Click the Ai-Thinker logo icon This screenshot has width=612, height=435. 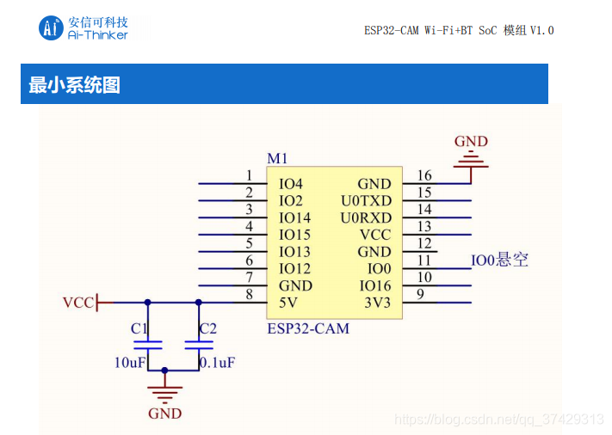51,28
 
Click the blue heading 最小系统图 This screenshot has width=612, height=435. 75,85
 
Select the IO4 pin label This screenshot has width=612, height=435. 291,184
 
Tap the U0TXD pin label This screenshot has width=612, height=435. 366,201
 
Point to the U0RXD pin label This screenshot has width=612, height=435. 366,217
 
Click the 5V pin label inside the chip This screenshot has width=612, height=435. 287,303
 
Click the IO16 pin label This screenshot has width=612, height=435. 375,285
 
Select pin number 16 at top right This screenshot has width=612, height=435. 423,176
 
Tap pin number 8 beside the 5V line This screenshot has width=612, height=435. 249,294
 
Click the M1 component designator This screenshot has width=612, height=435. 277,159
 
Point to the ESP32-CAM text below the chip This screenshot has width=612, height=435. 308,328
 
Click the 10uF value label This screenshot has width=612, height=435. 130,363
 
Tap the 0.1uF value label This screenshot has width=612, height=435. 218,363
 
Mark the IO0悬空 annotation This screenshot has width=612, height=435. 499,260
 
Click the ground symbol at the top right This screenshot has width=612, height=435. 471,159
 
